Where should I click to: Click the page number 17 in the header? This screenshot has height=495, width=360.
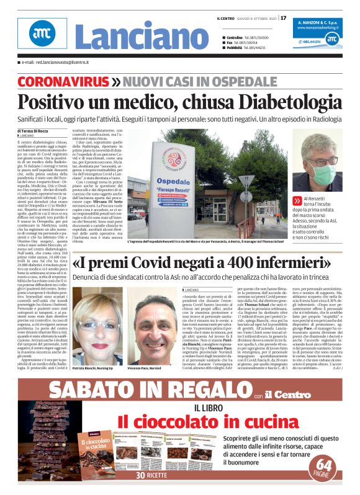tap(284, 17)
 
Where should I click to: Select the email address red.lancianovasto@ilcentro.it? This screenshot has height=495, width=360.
tap(60, 63)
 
